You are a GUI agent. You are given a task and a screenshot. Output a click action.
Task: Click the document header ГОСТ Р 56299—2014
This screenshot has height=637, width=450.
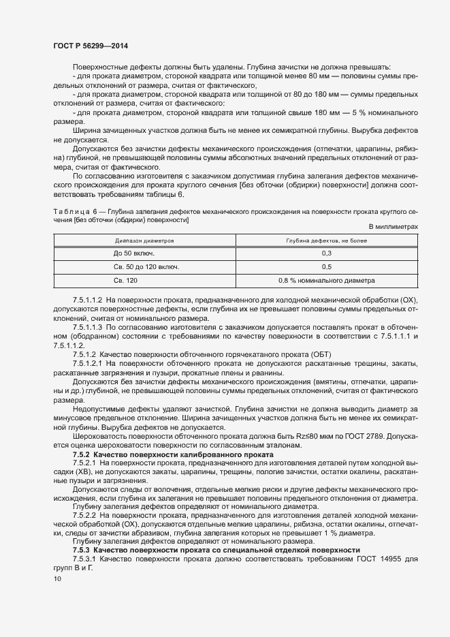tap(91, 46)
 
